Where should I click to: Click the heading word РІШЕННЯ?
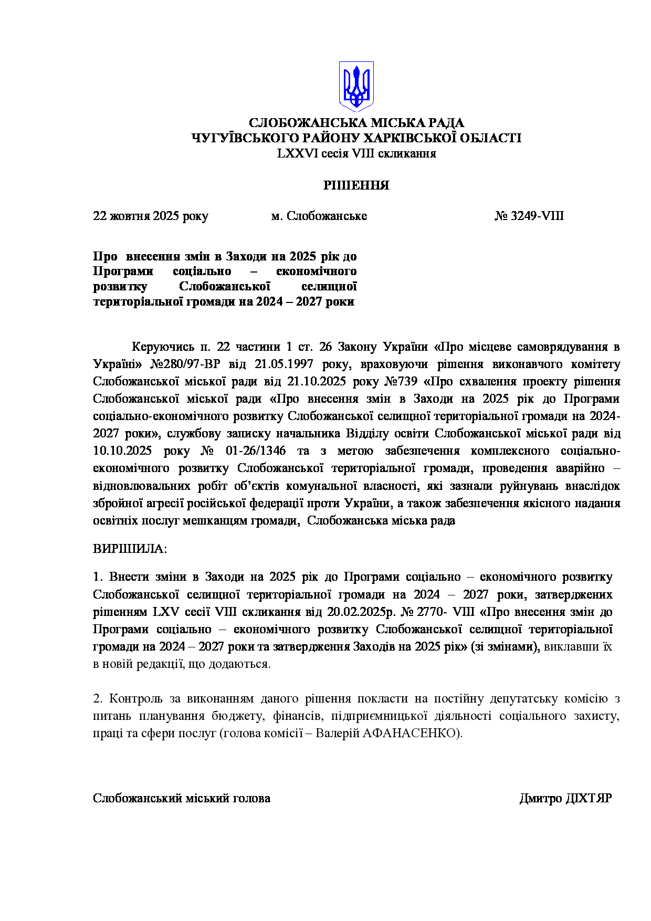pos(356,185)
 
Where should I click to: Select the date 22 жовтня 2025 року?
pos(150,216)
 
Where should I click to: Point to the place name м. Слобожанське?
pos(319,216)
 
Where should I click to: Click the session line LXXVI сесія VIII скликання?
pos(356,153)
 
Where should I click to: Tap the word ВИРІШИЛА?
pos(130,549)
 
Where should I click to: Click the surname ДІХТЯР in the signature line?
pos(589,798)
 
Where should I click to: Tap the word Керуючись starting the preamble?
pos(163,347)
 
